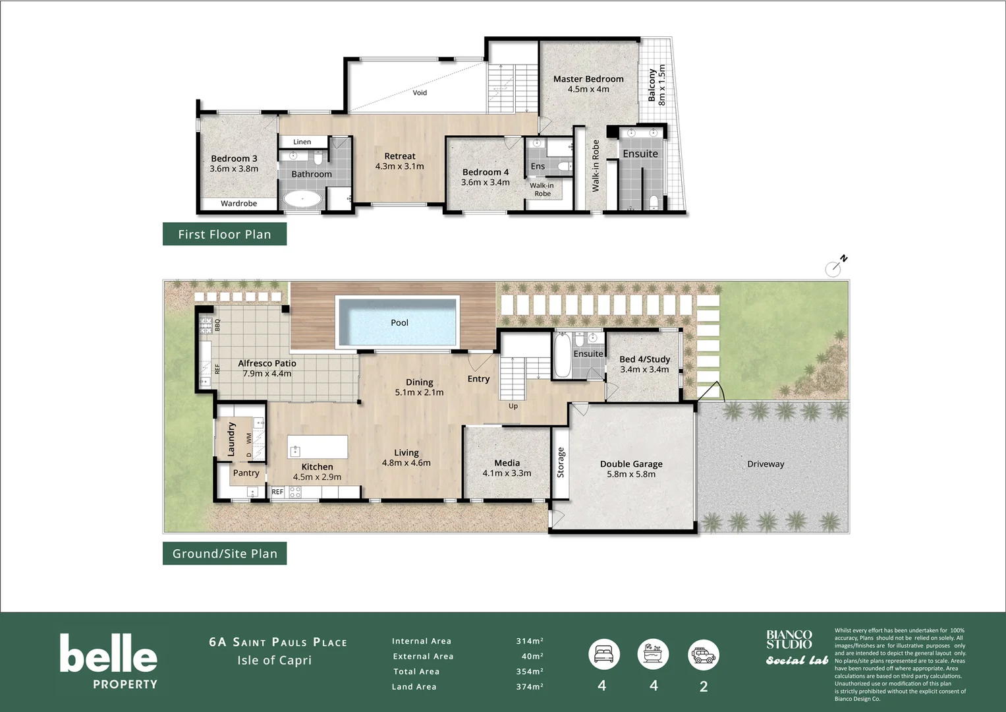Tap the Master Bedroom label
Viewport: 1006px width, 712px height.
pyautogui.click(x=588, y=79)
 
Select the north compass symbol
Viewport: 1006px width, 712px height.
pyautogui.click(x=834, y=268)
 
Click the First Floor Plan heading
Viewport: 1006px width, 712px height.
pyautogui.click(x=224, y=234)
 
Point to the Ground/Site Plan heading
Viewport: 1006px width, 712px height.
pyautogui.click(x=224, y=554)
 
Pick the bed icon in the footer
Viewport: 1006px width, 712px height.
pyautogui.click(x=603, y=655)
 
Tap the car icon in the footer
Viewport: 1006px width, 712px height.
pyautogui.click(x=703, y=655)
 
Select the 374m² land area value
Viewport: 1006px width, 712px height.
pyautogui.click(x=529, y=687)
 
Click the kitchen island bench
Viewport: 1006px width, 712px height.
pyautogui.click(x=318, y=447)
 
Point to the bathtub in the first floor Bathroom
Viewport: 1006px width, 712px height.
pyautogui.click(x=302, y=198)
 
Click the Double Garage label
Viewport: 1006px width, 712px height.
pyautogui.click(x=631, y=464)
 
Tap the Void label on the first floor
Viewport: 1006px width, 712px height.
pyautogui.click(x=420, y=93)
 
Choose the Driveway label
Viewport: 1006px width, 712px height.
pyautogui.click(x=766, y=464)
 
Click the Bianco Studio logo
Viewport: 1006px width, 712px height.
pyautogui.click(x=789, y=639)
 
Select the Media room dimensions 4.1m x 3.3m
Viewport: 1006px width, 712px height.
pyautogui.click(x=507, y=473)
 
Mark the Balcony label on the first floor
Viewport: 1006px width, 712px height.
pyautogui.click(x=652, y=85)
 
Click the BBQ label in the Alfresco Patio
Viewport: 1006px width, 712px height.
pyautogui.click(x=217, y=324)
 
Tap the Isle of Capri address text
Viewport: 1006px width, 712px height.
pyautogui.click(x=274, y=661)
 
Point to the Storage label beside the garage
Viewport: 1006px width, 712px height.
pyautogui.click(x=561, y=462)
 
